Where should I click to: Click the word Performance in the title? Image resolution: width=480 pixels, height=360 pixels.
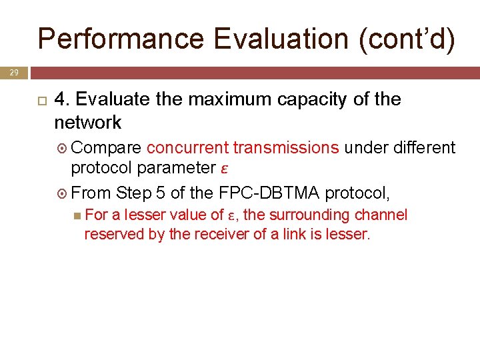[x=121, y=39]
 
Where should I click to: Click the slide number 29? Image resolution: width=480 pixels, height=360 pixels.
[x=13, y=71]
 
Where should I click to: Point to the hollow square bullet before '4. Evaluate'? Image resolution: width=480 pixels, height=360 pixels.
[x=40, y=101]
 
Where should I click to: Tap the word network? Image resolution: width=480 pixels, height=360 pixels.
[x=88, y=123]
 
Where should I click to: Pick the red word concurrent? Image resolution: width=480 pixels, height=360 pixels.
[x=187, y=147]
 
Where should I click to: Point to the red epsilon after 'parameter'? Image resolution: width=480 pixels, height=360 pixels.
[x=225, y=167]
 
